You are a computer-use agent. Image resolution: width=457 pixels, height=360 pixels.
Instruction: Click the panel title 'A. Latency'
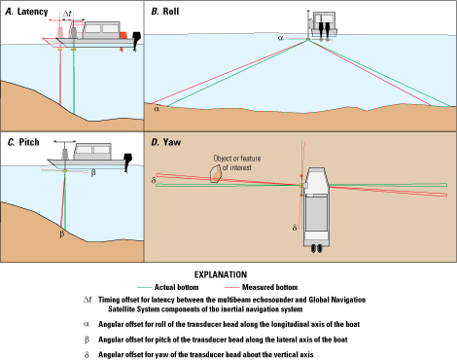26,12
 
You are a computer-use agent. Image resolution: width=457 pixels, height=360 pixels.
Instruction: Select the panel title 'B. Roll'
165,12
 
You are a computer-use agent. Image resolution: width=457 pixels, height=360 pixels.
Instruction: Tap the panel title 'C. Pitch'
23,142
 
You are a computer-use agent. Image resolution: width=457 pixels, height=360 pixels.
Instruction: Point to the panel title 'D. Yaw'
166,142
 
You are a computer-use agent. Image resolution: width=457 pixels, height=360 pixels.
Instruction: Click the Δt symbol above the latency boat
67,14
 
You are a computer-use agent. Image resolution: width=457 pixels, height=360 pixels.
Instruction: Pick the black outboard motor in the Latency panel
137,41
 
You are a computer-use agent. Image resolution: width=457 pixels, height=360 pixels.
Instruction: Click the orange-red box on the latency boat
123,35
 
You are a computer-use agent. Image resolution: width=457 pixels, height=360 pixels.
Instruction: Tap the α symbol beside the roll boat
281,38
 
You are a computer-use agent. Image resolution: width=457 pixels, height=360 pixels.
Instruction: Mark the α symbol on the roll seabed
157,109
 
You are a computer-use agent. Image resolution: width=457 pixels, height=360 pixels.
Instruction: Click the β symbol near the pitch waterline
93,172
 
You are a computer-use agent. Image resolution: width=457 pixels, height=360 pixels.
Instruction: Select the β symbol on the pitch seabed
62,234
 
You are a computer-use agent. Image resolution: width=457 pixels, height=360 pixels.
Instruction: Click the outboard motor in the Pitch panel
128,162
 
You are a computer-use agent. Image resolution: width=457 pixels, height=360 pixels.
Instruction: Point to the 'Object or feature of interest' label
237,162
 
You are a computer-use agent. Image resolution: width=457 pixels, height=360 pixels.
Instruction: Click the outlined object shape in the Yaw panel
215,174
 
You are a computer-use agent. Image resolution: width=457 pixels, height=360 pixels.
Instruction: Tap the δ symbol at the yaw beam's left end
154,180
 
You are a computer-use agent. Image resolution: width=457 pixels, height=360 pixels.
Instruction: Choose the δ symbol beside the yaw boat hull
295,228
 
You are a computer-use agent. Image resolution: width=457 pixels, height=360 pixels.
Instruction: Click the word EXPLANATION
221,274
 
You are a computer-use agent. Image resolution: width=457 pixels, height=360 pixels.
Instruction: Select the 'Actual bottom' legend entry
168,287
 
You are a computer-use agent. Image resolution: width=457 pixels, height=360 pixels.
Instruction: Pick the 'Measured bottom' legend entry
261,287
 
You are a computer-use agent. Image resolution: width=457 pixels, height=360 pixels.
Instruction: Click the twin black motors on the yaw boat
317,248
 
